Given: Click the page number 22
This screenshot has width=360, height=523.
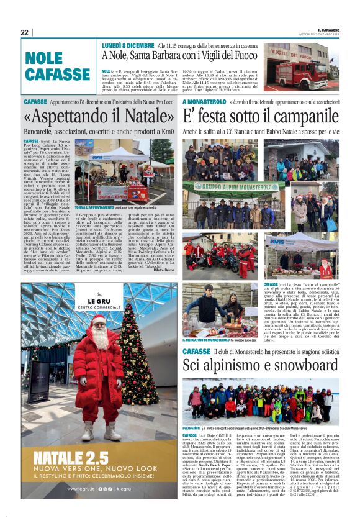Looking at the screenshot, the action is tap(24, 32).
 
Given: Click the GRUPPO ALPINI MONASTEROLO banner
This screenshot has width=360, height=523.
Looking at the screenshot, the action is tap(235, 186).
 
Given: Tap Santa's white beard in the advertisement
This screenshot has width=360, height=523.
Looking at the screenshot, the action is tap(99, 339).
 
